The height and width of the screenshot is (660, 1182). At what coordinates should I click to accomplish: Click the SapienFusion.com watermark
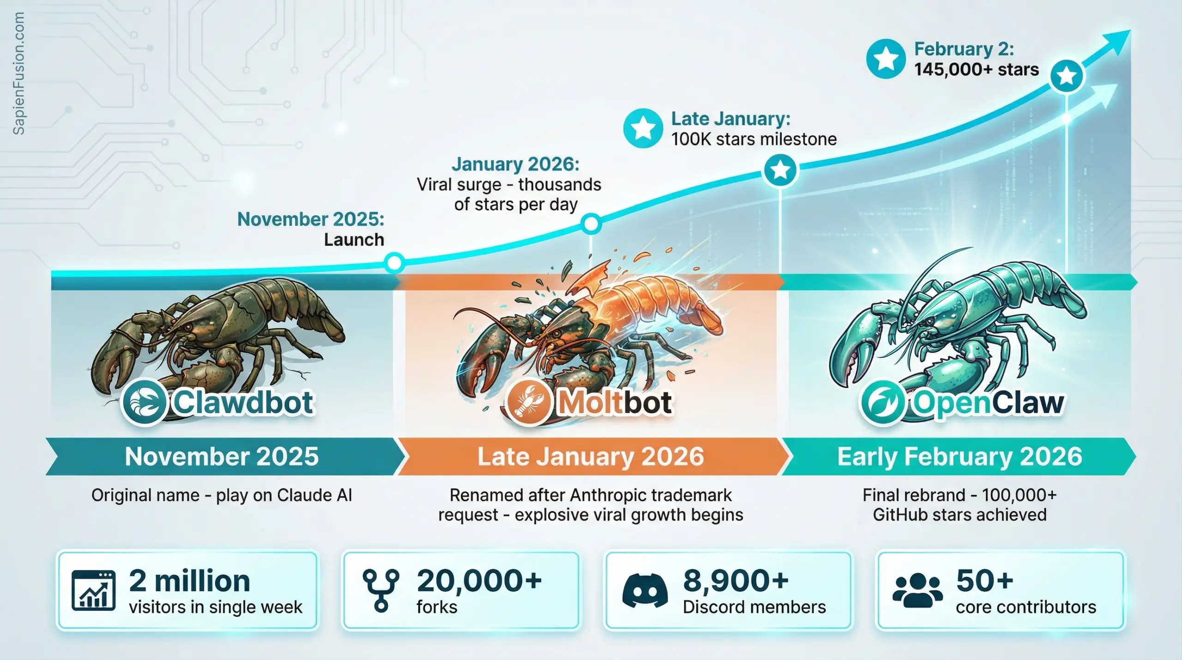coord(18,73)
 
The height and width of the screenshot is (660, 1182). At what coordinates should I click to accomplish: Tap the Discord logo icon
coord(645,590)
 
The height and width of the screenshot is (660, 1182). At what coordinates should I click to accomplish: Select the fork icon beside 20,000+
coord(381,591)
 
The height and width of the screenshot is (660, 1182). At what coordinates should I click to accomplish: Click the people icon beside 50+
coord(917,590)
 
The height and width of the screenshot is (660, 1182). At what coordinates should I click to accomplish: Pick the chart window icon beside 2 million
coord(94,590)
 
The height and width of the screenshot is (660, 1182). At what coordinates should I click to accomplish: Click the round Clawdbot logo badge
coord(144,402)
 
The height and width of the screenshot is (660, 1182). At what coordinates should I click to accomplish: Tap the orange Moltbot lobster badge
coord(529,402)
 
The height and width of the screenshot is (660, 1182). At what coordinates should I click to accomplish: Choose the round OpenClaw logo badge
coord(882,402)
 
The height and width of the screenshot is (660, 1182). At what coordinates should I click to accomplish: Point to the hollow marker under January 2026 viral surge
coord(591,224)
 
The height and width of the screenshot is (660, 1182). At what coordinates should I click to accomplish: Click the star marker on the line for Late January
coord(780,170)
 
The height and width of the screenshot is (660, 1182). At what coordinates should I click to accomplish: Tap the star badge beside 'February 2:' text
coord(886,59)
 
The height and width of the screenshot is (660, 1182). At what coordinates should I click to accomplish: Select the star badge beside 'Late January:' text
coord(643,128)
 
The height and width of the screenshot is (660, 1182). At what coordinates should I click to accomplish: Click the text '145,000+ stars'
coord(977,69)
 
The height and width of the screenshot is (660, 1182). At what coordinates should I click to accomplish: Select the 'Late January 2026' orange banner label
coord(591,456)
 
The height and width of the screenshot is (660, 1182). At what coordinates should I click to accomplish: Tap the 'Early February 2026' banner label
coord(960,456)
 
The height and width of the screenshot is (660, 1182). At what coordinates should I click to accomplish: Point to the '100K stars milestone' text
coord(754,139)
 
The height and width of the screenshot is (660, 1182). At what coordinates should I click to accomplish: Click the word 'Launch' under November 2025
coord(354,240)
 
